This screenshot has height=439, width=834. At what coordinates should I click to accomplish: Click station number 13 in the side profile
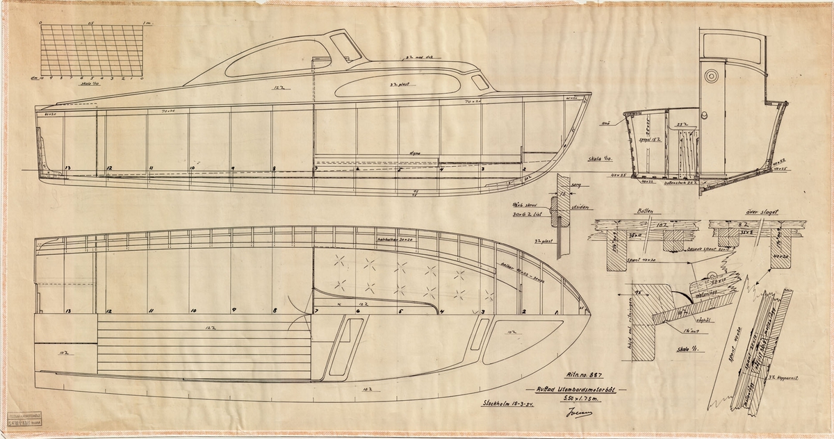coord(67,169)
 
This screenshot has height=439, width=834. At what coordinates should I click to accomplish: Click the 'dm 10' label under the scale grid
coord(46,79)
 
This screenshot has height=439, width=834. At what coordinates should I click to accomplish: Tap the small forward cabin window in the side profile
coord(479,82)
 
